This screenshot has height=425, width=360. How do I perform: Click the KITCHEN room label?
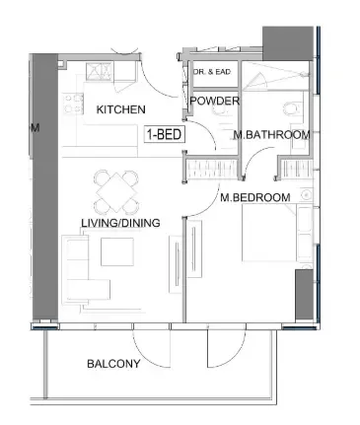120,109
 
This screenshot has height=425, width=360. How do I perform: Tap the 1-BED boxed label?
165,134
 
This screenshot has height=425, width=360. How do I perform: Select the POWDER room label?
215,101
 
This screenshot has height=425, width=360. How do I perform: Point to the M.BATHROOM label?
271,135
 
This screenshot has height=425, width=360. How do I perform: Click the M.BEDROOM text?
255,197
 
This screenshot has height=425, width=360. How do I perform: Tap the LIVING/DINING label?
120,223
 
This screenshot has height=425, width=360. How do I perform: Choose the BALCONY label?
113,364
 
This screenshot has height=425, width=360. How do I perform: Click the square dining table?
116,192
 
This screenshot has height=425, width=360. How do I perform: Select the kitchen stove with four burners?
74,104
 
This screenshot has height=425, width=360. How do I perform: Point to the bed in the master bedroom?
277,233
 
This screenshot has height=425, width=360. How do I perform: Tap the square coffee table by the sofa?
117,251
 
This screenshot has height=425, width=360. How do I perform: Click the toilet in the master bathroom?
293,108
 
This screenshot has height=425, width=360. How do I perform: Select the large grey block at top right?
288,43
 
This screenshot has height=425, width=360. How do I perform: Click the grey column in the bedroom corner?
304,295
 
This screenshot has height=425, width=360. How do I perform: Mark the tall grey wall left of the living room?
45,186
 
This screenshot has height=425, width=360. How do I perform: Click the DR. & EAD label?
212,72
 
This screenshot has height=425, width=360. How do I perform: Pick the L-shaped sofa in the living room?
86,269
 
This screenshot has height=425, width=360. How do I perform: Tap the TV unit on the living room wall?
176,264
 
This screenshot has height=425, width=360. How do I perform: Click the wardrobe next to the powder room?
212,170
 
